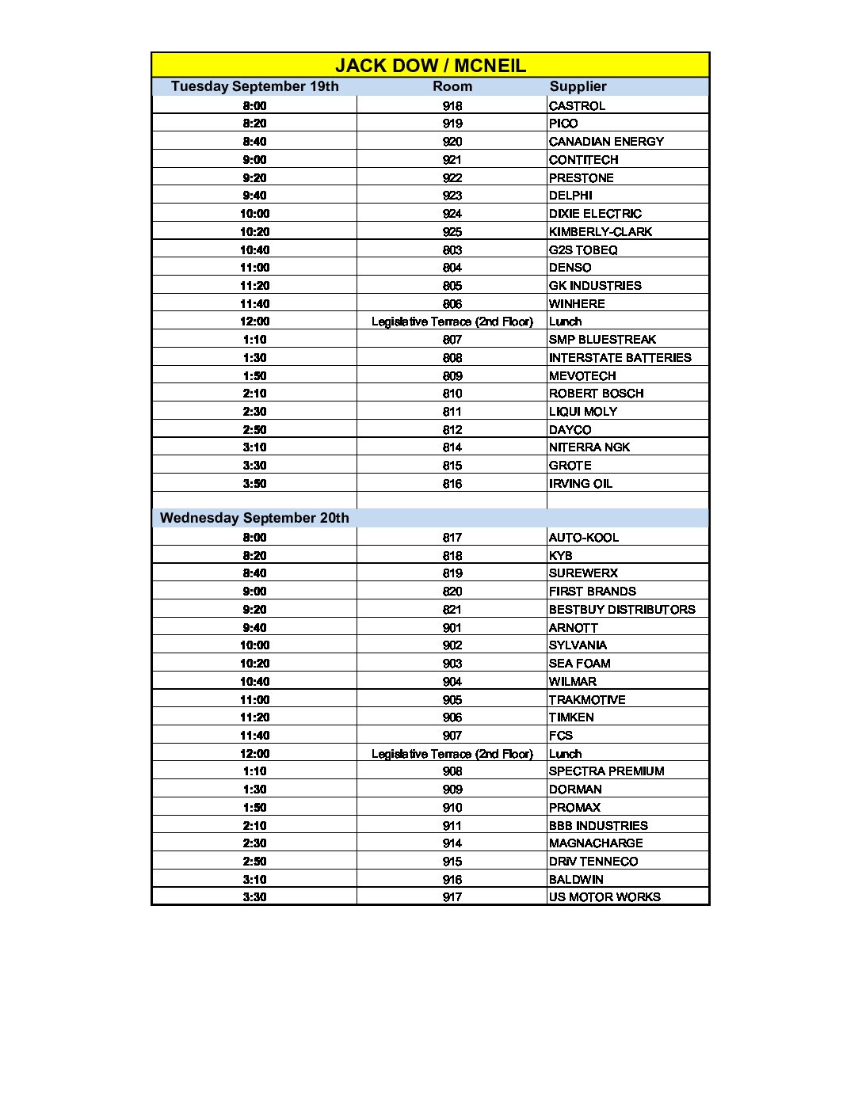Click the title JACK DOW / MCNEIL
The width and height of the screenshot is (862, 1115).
[x=430, y=65]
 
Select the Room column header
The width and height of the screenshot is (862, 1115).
[x=452, y=86]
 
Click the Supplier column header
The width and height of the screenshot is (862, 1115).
[x=578, y=86]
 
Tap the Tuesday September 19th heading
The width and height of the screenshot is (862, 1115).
[x=254, y=86]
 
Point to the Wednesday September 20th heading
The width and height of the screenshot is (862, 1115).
[x=254, y=518]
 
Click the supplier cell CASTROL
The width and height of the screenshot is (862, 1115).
[x=577, y=106]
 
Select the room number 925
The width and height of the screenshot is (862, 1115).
[x=452, y=232]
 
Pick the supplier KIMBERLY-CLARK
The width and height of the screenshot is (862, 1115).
[x=600, y=232]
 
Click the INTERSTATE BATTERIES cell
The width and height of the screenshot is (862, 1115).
[x=620, y=358]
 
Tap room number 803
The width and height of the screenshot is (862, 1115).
[x=452, y=250]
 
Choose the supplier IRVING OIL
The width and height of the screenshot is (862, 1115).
[x=580, y=484]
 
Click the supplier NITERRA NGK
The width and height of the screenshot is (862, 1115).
[x=589, y=447]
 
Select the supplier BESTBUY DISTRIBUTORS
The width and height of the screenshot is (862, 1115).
[x=622, y=610]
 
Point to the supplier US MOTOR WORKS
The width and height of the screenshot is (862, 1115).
[x=605, y=897]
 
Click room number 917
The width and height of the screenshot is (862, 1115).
[x=452, y=897]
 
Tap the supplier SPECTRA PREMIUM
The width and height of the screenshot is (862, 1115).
[x=606, y=771]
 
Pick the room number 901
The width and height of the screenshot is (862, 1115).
[x=452, y=628]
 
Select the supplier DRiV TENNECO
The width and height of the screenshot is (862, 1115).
[x=593, y=862]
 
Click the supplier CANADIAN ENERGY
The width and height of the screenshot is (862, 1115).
[x=606, y=142]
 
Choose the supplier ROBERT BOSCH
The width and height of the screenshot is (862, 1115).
[x=596, y=394]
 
